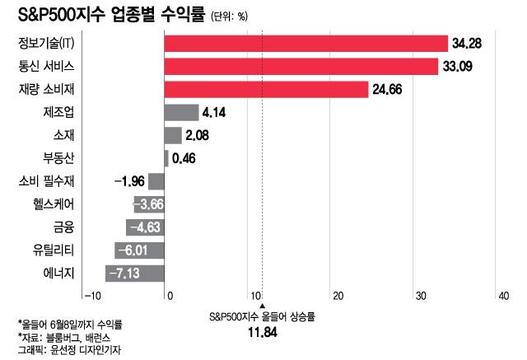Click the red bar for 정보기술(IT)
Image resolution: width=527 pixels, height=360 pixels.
click(x=305, y=44)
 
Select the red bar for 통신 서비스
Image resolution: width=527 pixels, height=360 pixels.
click(x=301, y=66)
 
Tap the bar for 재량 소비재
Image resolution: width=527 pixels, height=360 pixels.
click(x=266, y=89)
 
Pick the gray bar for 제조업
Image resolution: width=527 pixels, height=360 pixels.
click(x=181, y=112)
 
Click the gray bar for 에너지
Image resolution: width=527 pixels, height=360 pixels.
click(x=135, y=273)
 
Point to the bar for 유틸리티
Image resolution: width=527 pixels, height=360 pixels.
click(x=140, y=250)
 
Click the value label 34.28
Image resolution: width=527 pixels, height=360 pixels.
click(x=467, y=44)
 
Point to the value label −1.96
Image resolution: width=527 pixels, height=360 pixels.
click(x=128, y=181)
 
